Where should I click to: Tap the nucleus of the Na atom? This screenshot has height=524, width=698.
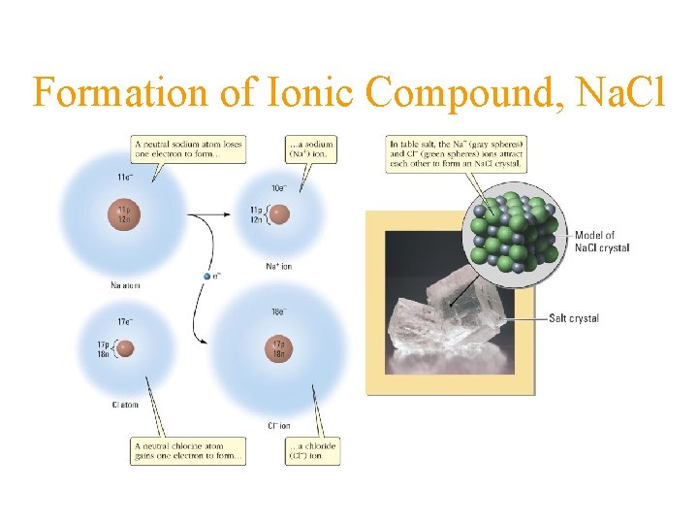tap(122, 215)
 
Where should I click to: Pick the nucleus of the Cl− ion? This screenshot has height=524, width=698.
tap(277, 348)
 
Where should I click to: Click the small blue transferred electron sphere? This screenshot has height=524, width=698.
tap(206, 277)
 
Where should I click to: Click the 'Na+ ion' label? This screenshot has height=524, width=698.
tap(278, 266)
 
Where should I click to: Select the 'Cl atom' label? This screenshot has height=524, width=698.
tap(125, 405)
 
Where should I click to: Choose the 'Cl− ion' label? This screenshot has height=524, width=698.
tap(278, 425)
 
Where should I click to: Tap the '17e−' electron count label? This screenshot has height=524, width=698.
tap(125, 321)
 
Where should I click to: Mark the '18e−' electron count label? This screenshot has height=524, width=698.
tap(278, 311)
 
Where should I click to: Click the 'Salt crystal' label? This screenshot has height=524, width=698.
tap(574, 318)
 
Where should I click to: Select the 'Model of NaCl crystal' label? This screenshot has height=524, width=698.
tap(602, 242)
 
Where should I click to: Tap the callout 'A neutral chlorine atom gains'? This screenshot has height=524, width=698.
tap(187, 450)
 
